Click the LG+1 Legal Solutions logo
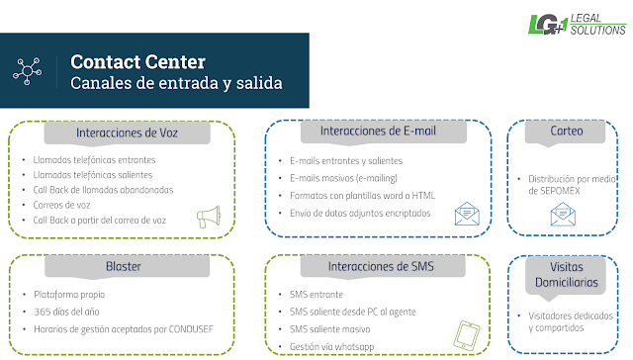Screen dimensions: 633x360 pyautogui.click(x=578, y=25)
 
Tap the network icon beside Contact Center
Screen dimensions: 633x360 pyautogui.click(x=27, y=71)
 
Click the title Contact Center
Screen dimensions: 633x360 pyautogui.click(x=138, y=61)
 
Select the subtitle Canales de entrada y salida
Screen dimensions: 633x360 pyautogui.click(x=176, y=83)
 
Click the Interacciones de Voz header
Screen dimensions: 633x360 pyautogui.click(x=127, y=133)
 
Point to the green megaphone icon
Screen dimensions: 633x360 pyautogui.click(x=209, y=217)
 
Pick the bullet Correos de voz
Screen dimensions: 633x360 pyautogui.click(x=61, y=205)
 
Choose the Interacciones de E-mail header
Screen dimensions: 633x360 pyautogui.click(x=378, y=131)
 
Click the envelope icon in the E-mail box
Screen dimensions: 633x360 pyautogui.click(x=467, y=214)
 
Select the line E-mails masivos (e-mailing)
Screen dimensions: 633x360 pyautogui.click(x=343, y=178)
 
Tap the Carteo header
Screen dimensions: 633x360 pyautogui.click(x=567, y=131)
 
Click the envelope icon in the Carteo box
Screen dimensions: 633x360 pyautogui.click(x=563, y=215)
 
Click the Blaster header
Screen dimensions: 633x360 pyautogui.click(x=124, y=266)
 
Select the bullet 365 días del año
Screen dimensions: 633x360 pyautogui.click(x=66, y=312)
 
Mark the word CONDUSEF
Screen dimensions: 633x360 pyautogui.click(x=191, y=329)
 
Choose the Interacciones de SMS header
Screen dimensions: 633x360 pyautogui.click(x=381, y=266)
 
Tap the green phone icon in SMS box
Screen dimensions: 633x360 pyautogui.click(x=467, y=335)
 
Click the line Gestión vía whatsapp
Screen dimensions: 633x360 pyautogui.click(x=332, y=347)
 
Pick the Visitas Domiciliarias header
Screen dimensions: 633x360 pyautogui.click(x=567, y=274)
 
